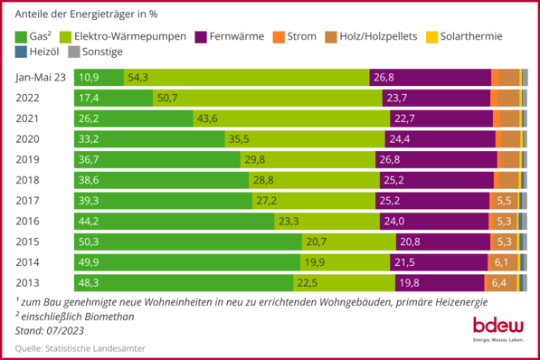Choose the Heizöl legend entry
pos(36,52)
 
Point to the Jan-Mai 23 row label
pos(42,78)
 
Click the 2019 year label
pos(30,159)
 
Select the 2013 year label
pos(30,282)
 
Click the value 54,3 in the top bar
pos(138,78)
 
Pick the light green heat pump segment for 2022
pos(262,98)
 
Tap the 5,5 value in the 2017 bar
pos(504,201)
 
